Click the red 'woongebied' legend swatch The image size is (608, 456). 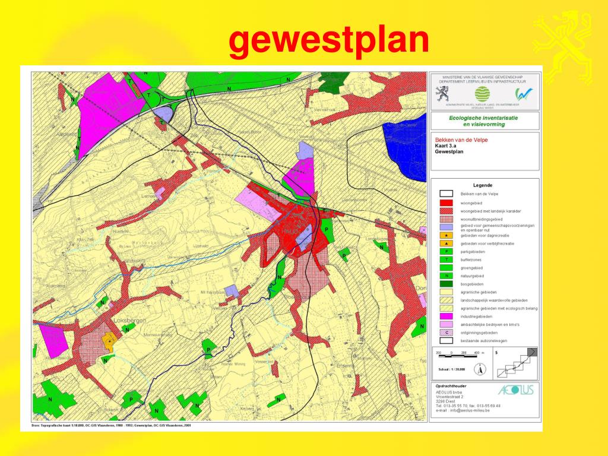click(x=446, y=202)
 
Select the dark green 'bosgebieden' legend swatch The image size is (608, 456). click(x=446, y=284)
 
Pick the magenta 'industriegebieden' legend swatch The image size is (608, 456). click(x=446, y=316)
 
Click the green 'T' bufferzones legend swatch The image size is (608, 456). click(x=446, y=259)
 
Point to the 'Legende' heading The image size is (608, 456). click(x=482, y=185)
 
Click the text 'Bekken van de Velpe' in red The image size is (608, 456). click(x=458, y=140)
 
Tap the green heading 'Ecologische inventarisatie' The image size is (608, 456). click(x=484, y=118)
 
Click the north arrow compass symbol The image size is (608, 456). click(x=479, y=369)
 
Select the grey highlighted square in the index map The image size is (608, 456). click(x=533, y=352)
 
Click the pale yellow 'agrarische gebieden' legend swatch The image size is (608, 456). click(x=446, y=292)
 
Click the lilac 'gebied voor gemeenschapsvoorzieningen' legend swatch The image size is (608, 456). click(x=446, y=227)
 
